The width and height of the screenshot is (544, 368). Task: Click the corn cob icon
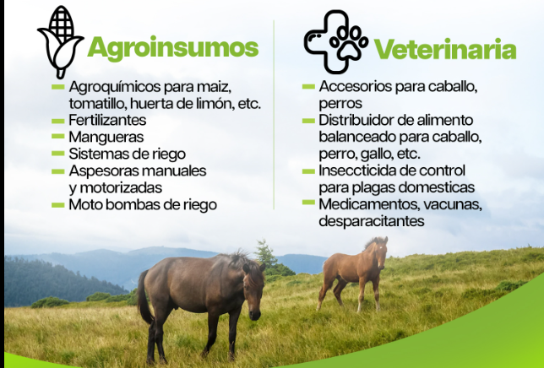pos(60,41)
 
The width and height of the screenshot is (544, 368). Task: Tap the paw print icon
pos(349,42)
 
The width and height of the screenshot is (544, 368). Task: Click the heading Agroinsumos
pos(173,48)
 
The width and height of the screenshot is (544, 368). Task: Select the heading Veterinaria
pos(445,49)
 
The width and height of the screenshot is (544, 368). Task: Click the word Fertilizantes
pos(107,120)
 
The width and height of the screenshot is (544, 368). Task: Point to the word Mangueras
pos(106,137)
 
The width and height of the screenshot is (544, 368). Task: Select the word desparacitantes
pos(371,221)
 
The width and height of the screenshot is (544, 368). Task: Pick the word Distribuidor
pos(356,120)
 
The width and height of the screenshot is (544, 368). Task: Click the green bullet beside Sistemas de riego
pos(58,154)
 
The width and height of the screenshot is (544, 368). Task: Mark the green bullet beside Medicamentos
pos(308,203)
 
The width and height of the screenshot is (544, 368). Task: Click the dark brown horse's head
pos(253,289)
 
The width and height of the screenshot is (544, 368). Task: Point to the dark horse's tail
pos(144,297)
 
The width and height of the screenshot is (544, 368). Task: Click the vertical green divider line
pos(274,115)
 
